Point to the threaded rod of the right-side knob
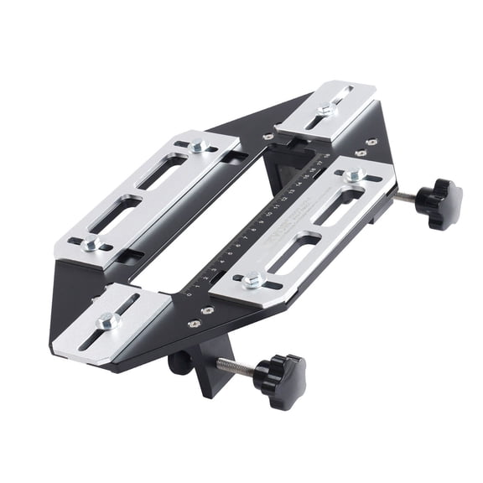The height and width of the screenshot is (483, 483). click(405, 197)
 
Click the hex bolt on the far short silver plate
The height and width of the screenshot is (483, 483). click(325, 109)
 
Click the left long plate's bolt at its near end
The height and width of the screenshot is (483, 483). click(92, 244)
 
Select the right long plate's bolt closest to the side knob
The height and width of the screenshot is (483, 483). click(355, 175)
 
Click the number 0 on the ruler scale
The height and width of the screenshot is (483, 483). click(190, 294)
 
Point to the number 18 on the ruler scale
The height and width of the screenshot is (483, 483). click(326, 157)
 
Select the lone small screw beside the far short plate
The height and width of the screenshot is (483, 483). click(267, 136)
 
